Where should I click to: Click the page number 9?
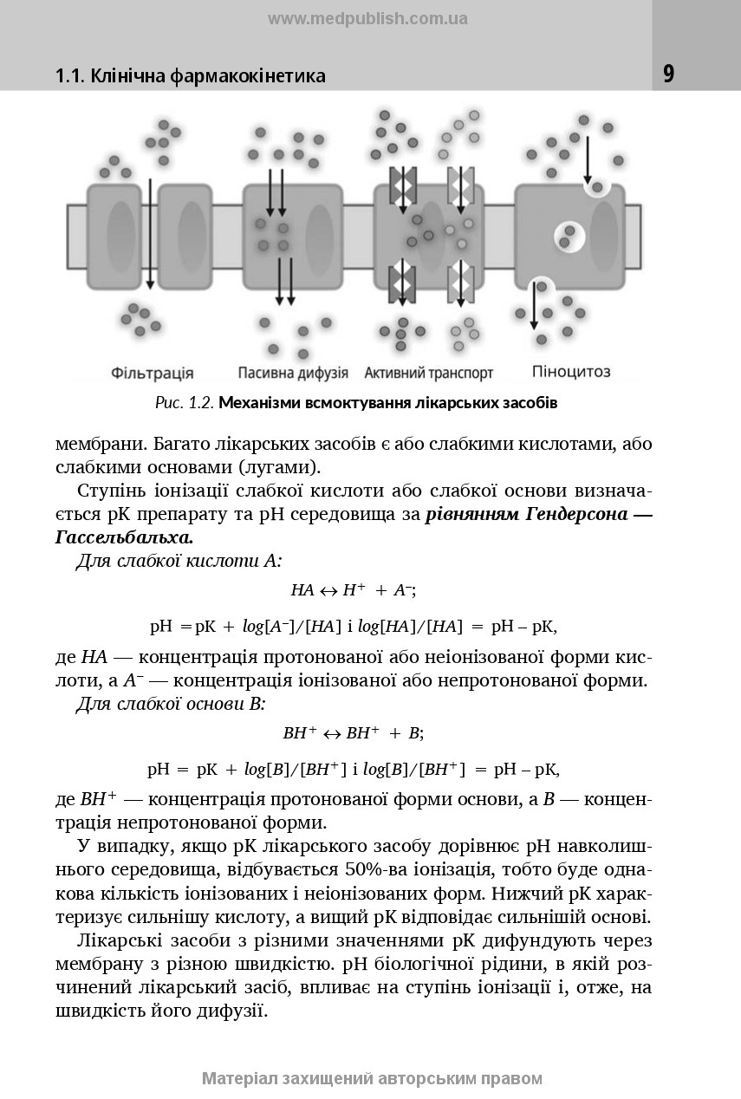(668, 75)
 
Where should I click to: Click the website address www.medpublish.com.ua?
(367, 18)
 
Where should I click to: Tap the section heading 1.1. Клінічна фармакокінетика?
(191, 76)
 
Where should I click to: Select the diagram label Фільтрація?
(153, 374)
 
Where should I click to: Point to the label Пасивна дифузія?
(293, 374)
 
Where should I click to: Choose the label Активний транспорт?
(429, 374)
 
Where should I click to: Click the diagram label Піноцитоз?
(571, 372)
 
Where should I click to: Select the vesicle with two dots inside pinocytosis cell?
(569, 234)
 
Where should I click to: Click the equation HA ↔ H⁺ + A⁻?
(354, 590)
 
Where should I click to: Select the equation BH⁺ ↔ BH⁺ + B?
(353, 732)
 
